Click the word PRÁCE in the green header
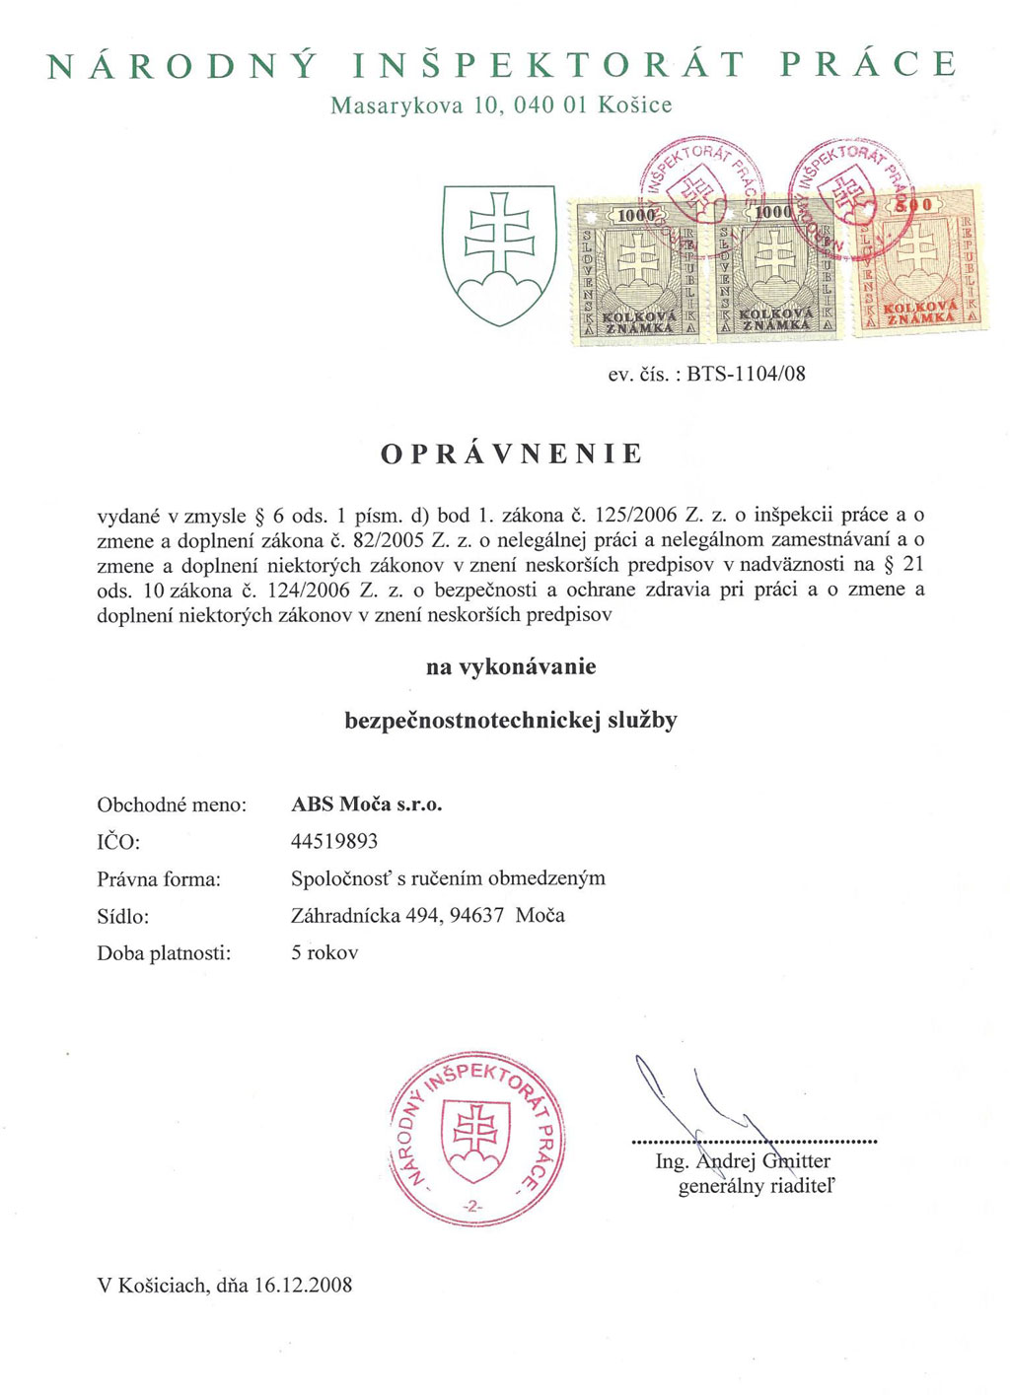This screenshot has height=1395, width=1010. (868, 65)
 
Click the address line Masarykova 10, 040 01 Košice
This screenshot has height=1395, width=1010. (501, 105)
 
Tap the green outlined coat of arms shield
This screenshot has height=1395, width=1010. (498, 254)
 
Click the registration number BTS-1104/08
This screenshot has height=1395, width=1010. (746, 374)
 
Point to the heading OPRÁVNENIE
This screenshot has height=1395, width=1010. (512, 454)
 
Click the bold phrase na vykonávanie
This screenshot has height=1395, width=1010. (511, 666)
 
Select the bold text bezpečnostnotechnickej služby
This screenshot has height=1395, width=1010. (511, 721)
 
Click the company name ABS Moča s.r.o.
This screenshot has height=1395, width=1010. (367, 804)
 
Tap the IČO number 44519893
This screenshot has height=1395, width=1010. (334, 841)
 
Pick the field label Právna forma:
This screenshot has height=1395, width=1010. (159, 878)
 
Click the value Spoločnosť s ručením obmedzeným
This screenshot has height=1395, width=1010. (448, 877)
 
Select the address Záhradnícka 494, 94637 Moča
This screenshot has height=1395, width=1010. (428, 915)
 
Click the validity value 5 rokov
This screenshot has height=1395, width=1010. (325, 953)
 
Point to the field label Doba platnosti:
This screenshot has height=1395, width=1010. (164, 953)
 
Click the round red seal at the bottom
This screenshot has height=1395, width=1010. (478, 1138)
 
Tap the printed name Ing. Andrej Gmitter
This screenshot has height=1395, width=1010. (743, 1161)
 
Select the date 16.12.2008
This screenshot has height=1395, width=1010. (303, 1285)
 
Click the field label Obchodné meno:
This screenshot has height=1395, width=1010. (172, 804)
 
